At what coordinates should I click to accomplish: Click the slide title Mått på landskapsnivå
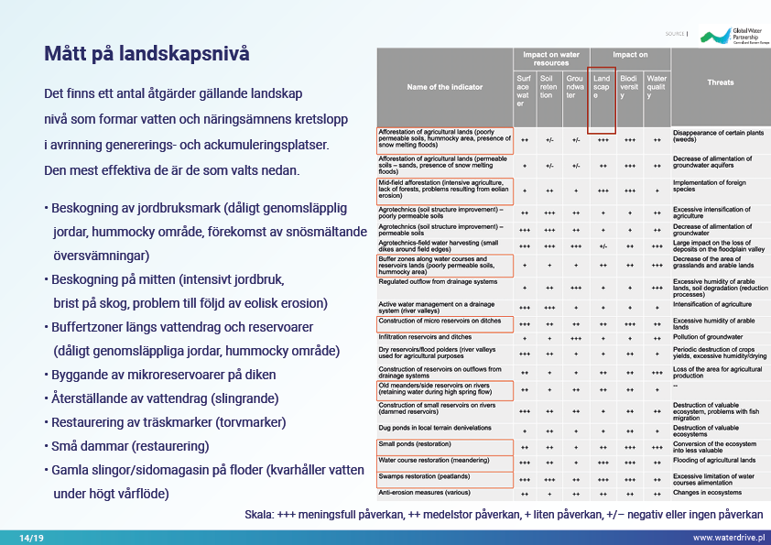(147, 54)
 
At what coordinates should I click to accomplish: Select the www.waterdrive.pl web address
(729, 537)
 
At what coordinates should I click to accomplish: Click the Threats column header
(720, 82)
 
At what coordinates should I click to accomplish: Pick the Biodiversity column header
(629, 87)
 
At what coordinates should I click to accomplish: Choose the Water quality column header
(657, 87)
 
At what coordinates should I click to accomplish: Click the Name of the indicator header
(445, 87)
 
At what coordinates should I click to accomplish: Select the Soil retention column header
(548, 87)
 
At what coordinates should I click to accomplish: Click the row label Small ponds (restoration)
(415, 444)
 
